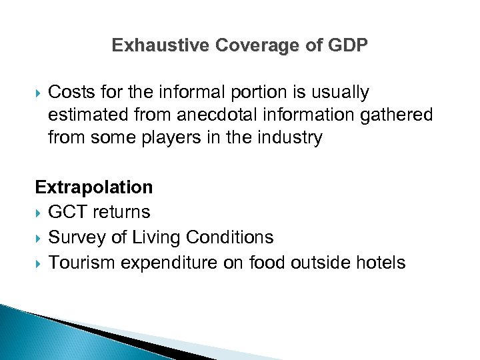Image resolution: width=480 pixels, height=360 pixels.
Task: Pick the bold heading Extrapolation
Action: tap(94, 187)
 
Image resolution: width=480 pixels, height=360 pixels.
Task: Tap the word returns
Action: tap(121, 213)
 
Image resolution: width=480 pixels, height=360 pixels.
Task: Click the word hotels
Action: tap(379, 263)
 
